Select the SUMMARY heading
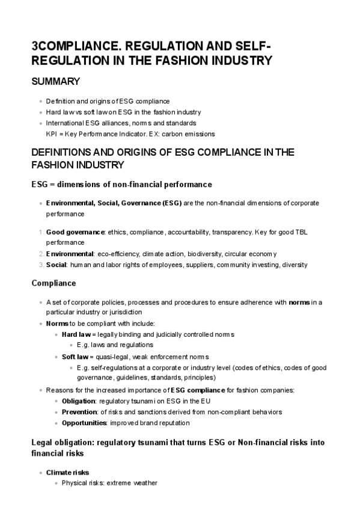pyautogui.click(x=56, y=81)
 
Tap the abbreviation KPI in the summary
pyautogui.click(x=52, y=134)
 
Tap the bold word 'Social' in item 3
pyautogui.click(x=56, y=265)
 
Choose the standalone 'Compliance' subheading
pyautogui.click(x=53, y=283)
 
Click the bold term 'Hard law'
pyautogui.click(x=75, y=334)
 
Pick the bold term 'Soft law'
pyautogui.click(x=75, y=357)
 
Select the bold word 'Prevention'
pyautogui.click(x=79, y=412)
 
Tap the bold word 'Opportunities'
pyautogui.click(x=84, y=423)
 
